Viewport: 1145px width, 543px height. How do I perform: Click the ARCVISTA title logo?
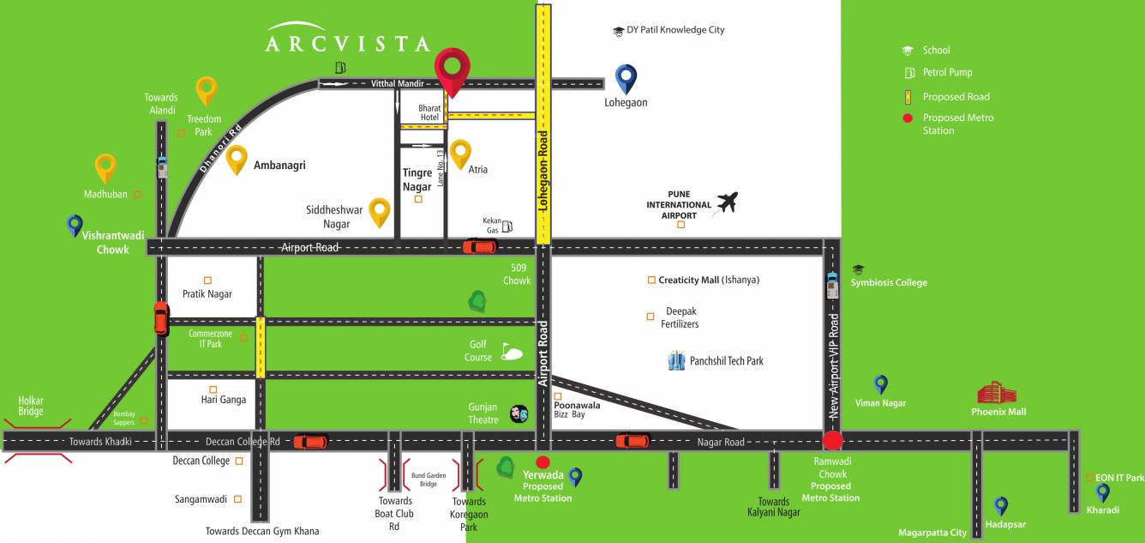pos(347,39)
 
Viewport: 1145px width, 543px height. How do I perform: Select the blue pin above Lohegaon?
pos(626,78)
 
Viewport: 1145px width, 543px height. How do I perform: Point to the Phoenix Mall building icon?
pos(998,393)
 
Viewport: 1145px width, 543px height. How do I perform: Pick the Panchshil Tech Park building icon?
pos(677,360)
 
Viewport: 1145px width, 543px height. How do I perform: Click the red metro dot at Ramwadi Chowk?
pos(832,442)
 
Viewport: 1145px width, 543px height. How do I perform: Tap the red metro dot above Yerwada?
pos(543,462)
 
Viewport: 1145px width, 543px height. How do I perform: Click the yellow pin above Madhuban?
pos(105,167)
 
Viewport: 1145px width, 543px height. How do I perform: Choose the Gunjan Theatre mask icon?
pos(519,413)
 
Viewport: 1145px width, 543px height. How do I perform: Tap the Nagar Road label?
pos(721,442)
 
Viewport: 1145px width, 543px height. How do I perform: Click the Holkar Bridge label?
pos(31,406)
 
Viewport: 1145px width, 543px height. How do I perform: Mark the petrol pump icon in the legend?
pos(908,73)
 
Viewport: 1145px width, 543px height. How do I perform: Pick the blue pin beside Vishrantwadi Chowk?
pos(75,226)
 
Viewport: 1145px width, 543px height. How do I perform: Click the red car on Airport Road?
pos(479,247)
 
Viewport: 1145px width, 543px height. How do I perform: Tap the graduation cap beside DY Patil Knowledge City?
pos(618,31)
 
